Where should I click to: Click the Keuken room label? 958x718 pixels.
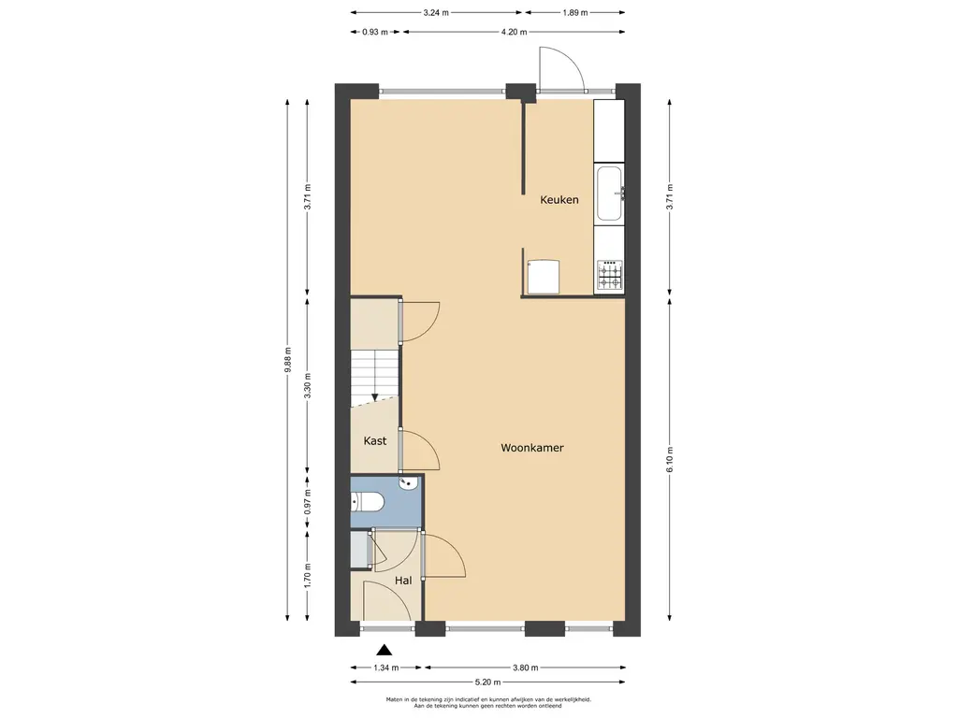coord(559,200)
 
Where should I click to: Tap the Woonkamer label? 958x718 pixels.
coord(532,448)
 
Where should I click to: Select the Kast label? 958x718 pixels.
coord(374,441)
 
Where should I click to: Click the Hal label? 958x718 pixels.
coord(402,581)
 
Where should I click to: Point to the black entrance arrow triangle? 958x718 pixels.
coord(384,650)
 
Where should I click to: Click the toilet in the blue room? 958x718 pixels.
coord(367,502)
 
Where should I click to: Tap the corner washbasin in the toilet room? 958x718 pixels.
coord(409,483)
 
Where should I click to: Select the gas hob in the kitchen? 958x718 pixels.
coord(610,275)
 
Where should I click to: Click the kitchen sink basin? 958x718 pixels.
coord(609,193)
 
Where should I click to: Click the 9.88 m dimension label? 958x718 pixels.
coord(288,360)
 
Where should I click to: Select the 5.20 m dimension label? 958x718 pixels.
coord(487,682)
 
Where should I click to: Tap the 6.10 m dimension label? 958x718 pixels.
coord(670,460)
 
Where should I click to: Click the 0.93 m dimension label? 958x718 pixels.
coord(375,33)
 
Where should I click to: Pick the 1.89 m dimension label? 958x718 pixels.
coord(575,12)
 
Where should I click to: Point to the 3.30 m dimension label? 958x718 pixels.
coord(307,385)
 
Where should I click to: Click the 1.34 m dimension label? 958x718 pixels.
coord(386,668)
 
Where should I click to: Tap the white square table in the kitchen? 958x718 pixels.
coord(544,276)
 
